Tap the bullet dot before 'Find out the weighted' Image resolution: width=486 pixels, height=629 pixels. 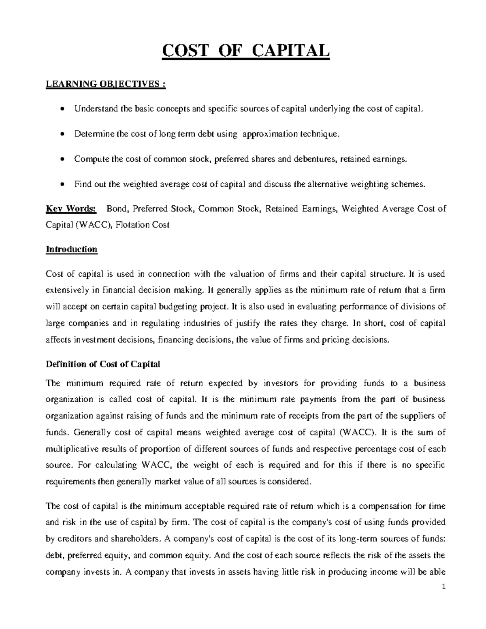62,185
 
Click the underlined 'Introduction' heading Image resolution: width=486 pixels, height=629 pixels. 72,249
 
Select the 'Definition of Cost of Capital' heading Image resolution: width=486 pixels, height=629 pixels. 103,364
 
